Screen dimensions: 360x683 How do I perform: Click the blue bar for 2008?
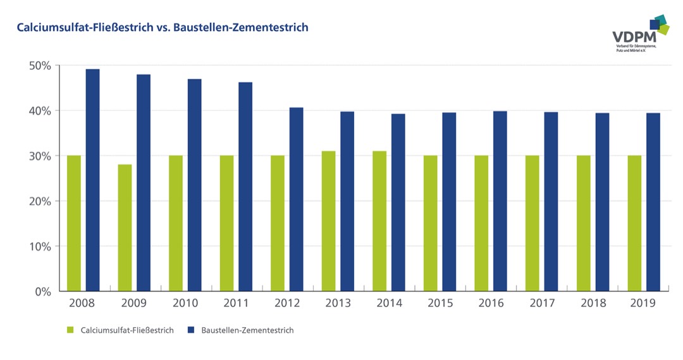click(x=93, y=180)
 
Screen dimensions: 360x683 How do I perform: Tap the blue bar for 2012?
click(x=296, y=199)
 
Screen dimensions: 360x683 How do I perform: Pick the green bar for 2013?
click(x=328, y=221)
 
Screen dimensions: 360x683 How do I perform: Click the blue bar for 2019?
click(x=653, y=202)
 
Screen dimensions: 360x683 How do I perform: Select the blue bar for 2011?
click(x=245, y=187)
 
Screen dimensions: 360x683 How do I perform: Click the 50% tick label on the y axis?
click(x=39, y=66)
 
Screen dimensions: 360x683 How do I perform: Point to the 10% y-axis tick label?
click(x=39, y=246)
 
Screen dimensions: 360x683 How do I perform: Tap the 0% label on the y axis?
click(x=42, y=292)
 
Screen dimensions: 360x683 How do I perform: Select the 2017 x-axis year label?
click(x=541, y=303)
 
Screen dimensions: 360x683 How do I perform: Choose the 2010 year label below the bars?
click(x=185, y=303)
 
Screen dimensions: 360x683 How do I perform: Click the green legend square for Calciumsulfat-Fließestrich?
click(x=70, y=330)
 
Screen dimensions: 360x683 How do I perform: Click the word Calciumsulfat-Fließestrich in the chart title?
click(x=78, y=28)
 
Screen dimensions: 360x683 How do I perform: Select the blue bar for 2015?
click(x=449, y=202)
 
